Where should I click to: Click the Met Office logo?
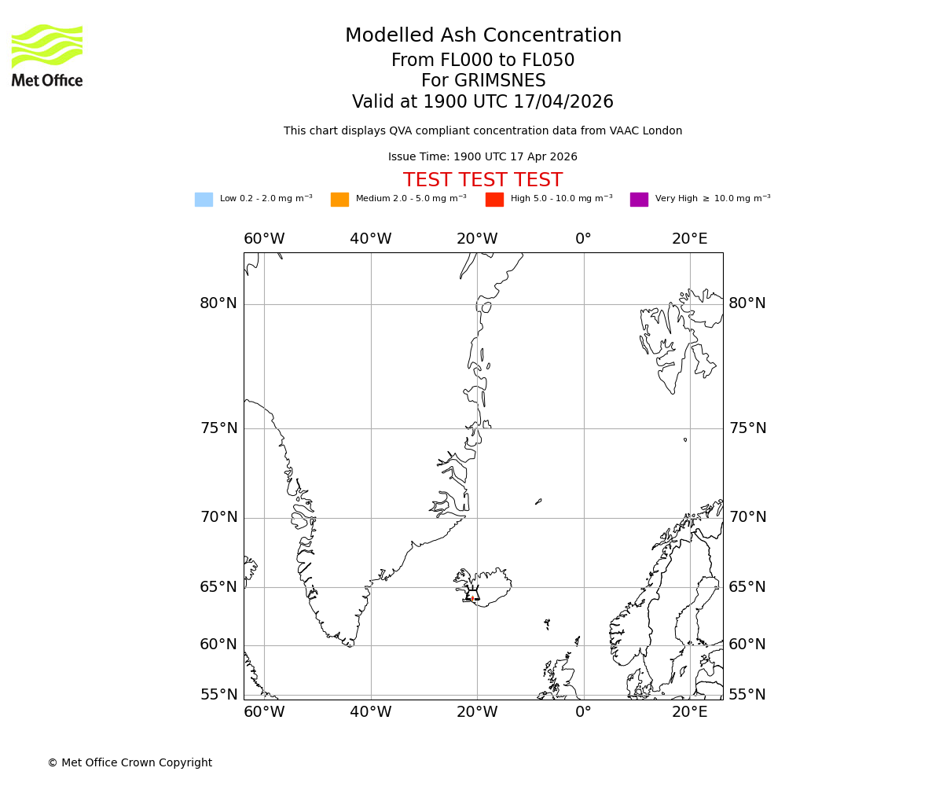point(47,55)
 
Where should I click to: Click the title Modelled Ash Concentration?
point(483,36)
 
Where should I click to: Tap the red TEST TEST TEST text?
point(483,181)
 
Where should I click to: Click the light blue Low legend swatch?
point(204,200)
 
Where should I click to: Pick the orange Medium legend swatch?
point(339,200)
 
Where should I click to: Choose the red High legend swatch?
point(494,200)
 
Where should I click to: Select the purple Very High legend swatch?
point(639,200)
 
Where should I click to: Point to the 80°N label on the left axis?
point(218,303)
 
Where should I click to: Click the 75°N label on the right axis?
point(747,428)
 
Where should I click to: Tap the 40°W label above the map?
point(370,239)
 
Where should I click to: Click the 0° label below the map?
point(583,712)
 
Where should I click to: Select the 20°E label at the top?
point(689,239)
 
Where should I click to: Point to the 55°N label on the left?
point(218,695)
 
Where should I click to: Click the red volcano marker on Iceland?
point(472,598)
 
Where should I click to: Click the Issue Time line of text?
point(483,157)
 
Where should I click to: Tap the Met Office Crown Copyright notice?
point(130,763)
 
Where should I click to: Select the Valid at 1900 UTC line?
point(483,102)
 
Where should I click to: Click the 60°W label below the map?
point(263,712)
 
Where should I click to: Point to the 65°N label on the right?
point(747,587)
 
